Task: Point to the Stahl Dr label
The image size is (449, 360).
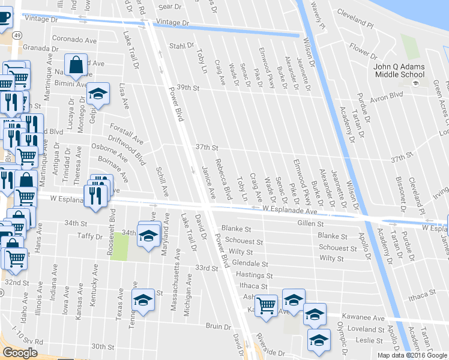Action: pos(182,46)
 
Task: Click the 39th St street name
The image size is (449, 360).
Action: pos(184,88)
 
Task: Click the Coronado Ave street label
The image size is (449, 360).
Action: pos(74,40)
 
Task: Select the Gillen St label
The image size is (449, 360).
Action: pos(310,223)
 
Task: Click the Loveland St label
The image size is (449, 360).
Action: pos(368,329)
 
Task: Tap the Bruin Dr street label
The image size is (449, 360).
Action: pos(215,326)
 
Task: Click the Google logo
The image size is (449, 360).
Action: pos(20,353)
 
